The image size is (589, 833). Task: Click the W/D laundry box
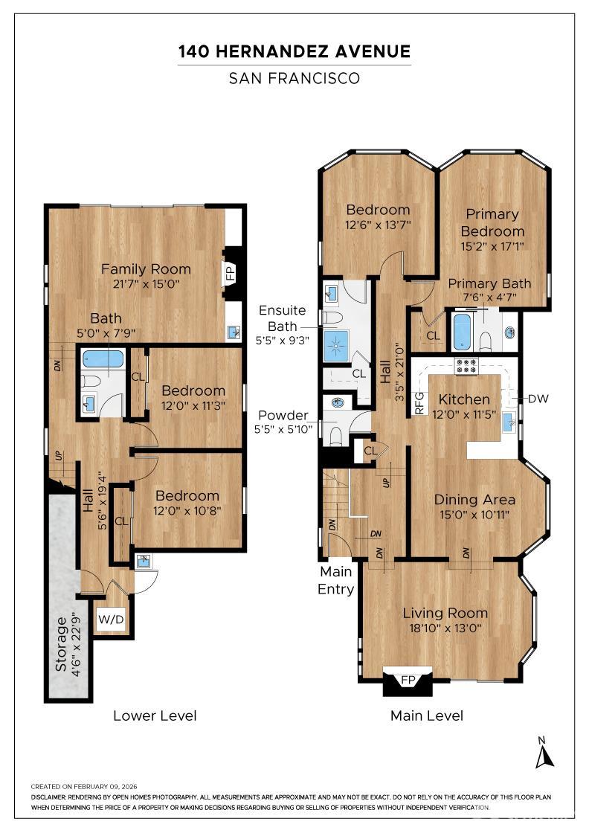click(x=111, y=619)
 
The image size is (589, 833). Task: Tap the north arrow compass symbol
click(x=544, y=754)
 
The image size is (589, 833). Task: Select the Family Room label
click(x=146, y=268)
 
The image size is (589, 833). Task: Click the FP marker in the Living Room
click(x=408, y=680)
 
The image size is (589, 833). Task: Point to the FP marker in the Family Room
click(x=231, y=273)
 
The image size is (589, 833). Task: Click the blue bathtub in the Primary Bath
click(x=462, y=332)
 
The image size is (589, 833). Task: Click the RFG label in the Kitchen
click(x=419, y=403)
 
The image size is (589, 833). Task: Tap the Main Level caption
click(x=426, y=715)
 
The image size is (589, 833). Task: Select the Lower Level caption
click(x=155, y=715)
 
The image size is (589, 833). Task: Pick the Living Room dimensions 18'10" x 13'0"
click(x=445, y=628)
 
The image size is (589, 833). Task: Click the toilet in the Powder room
click(x=335, y=436)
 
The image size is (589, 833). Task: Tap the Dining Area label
click(x=474, y=499)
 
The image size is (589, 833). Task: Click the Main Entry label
click(x=335, y=580)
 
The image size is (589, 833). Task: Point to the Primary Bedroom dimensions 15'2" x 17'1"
click(x=493, y=246)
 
